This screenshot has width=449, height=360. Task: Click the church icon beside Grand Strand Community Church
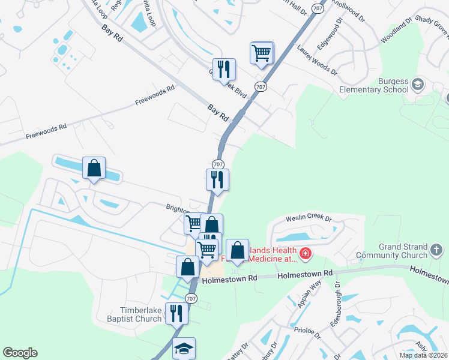pyautogui.click(x=436, y=248)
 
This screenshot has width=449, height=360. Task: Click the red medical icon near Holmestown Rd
pyautogui.click(x=305, y=254)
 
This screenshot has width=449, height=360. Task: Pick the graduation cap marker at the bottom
pyautogui.click(x=184, y=349)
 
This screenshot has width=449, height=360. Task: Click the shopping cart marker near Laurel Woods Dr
pyautogui.click(x=262, y=53)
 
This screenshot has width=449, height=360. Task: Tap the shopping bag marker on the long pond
pyautogui.click(x=94, y=169)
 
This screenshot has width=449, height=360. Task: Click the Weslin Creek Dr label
pyautogui.click(x=309, y=219)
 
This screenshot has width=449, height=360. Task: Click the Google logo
pyautogui.click(x=20, y=353)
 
